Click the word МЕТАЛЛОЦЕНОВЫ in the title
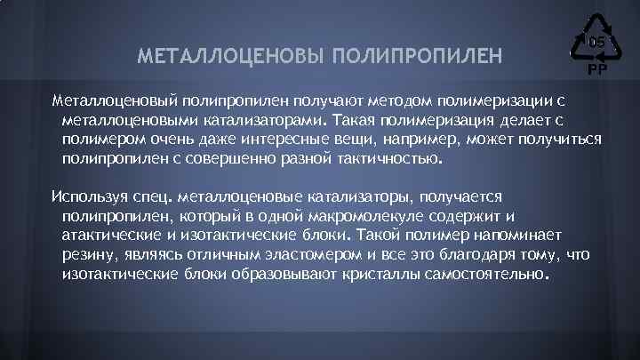pos(231,56)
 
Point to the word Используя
pos(91,195)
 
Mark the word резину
pos(89,255)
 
